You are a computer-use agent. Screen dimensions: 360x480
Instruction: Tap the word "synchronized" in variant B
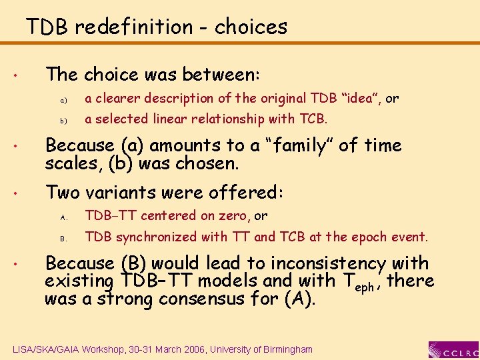150,237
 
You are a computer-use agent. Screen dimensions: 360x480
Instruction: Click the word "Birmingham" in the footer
285,349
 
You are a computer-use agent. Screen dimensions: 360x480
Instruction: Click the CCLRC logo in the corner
453,349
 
